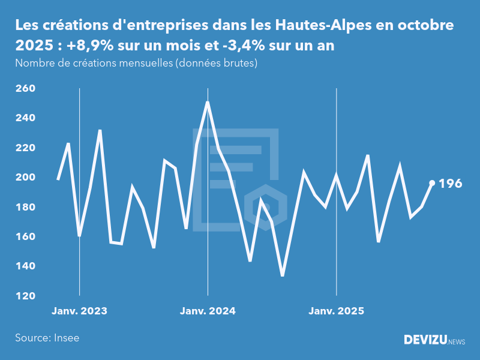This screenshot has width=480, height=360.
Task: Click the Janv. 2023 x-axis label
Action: [79, 311]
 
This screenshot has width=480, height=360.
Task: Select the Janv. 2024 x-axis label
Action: [208, 311]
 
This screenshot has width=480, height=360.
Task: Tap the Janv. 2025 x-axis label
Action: [336, 311]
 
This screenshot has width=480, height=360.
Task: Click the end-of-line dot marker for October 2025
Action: [432, 183]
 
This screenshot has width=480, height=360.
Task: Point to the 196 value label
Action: [451, 184]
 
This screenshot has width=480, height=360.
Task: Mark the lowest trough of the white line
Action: [283, 275]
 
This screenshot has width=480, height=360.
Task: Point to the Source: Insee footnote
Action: [47, 338]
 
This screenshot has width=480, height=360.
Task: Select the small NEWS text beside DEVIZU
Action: [457, 342]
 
